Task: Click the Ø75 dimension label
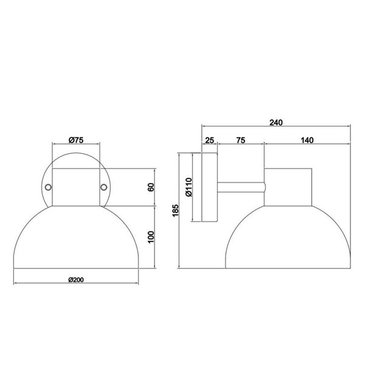(76, 140)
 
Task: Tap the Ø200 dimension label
(75, 279)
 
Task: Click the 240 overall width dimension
(277, 122)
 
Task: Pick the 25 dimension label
(210, 141)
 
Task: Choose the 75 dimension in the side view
(240, 141)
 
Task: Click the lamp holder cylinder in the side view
(288, 186)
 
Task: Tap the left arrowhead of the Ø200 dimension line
(15, 284)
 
